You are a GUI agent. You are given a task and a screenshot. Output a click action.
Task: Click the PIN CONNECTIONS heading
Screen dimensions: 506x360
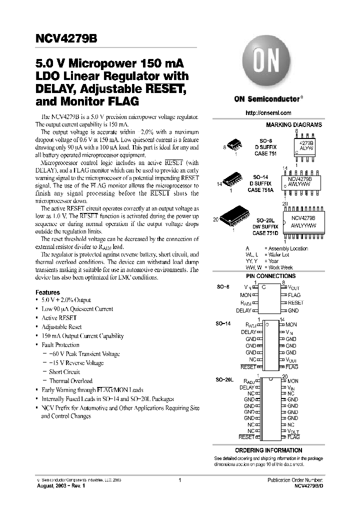(x=270, y=276)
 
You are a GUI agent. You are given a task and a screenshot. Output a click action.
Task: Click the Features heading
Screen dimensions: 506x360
(x=47, y=292)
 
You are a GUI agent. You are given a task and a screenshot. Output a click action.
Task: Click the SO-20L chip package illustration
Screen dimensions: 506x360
(x=235, y=218)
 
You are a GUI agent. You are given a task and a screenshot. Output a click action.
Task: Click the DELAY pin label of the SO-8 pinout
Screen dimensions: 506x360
(x=243, y=310)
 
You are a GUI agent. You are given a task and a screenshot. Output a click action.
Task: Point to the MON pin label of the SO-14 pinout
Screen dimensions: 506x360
(x=291, y=325)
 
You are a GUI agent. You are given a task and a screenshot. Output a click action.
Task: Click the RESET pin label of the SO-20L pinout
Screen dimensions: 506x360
(x=246, y=437)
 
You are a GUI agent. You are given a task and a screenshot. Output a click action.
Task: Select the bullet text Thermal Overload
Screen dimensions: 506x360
(x=70, y=381)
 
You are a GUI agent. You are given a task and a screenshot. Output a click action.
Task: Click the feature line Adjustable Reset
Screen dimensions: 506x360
(x=61, y=327)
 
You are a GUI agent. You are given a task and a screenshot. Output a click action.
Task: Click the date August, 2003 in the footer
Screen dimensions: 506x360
(x=52, y=486)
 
